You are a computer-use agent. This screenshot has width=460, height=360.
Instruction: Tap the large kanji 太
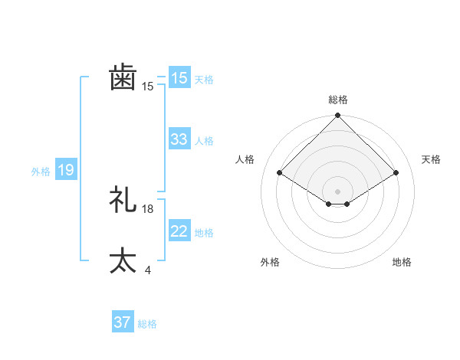click(x=123, y=260)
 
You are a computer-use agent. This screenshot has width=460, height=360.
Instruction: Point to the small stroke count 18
click(x=148, y=209)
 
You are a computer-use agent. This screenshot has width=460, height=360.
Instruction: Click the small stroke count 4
click(x=147, y=270)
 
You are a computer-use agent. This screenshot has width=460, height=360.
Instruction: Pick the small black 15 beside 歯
click(x=148, y=87)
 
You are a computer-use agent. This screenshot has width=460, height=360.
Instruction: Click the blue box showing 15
click(x=179, y=78)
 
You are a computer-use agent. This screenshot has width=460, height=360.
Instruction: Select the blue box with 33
click(x=179, y=139)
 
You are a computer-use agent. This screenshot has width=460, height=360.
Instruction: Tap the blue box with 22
click(x=179, y=231)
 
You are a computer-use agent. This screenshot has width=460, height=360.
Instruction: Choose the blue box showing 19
click(x=66, y=170)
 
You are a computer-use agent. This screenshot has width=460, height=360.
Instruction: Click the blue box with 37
click(x=123, y=322)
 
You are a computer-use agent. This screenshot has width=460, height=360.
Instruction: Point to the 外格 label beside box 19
click(x=41, y=172)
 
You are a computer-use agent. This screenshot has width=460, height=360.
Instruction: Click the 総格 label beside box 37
click(x=147, y=324)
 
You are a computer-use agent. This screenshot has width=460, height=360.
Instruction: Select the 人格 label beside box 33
click(x=204, y=141)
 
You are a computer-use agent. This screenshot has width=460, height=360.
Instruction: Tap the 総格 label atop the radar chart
click(x=337, y=100)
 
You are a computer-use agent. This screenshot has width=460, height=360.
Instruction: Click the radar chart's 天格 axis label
click(x=431, y=159)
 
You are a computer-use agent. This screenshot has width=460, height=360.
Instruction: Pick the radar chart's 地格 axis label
click(x=402, y=262)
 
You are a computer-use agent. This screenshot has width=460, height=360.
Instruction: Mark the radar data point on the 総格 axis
click(x=337, y=116)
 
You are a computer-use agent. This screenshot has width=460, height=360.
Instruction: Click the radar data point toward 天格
click(x=396, y=172)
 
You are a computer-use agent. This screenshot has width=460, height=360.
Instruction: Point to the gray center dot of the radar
click(x=337, y=191)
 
